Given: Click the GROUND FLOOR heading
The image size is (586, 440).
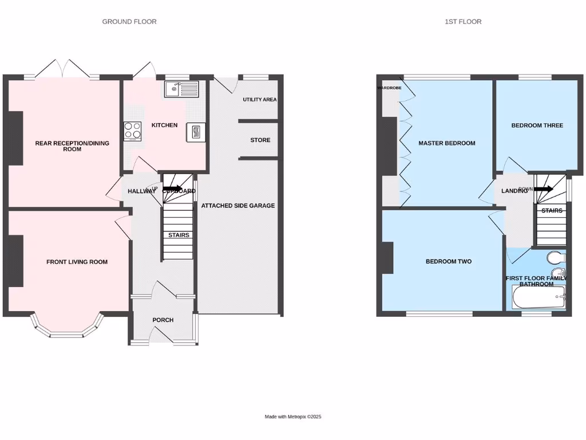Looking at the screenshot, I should point(129,22).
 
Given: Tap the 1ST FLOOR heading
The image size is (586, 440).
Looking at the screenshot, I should point(463,22).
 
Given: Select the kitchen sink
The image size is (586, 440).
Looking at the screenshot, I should point(181,89).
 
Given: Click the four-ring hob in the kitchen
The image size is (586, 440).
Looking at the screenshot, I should point(133,131).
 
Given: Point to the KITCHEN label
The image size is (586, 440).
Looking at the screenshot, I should point(164,125).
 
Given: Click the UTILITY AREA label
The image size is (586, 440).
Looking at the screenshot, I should point(259,100).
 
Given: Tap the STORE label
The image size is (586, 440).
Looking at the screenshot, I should point(260,140).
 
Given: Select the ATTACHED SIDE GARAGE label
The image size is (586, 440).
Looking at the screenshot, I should point(238,206).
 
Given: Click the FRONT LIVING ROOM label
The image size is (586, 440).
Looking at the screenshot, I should point(77,262).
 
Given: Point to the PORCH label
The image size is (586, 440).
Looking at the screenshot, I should point(163,320).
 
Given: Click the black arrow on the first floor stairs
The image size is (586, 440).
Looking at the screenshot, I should point(544,189).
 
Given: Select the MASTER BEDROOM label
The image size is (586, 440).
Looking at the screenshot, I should point(446,143).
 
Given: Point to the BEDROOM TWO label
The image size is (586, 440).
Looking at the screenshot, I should point(449,262).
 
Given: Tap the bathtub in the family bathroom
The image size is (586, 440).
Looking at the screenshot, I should point(538,297).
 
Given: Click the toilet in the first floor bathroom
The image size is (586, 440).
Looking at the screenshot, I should point(554,256).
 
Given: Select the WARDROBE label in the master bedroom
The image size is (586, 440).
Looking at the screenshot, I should point(389,88).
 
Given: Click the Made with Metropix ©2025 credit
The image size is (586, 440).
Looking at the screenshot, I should point(293,417).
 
